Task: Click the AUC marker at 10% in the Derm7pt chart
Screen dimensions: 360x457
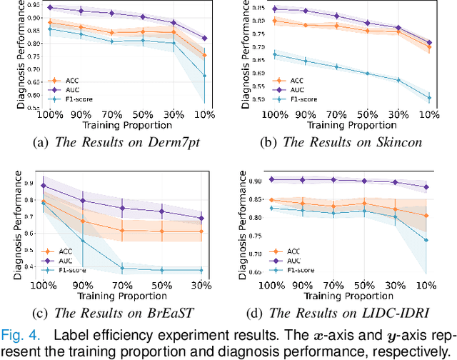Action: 205,39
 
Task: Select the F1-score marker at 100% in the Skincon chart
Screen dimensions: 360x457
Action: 275,54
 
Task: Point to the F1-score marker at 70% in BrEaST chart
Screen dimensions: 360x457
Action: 122,269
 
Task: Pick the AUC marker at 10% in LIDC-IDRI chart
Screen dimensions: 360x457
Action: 426,187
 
